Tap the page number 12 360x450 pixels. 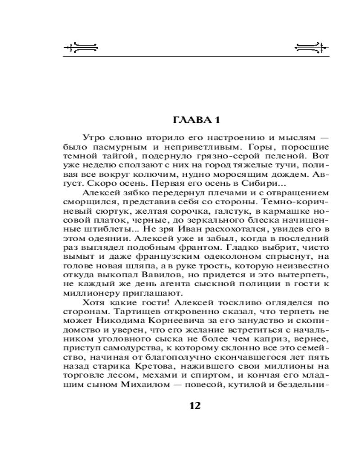coord(195,405)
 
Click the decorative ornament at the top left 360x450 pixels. coord(81,47)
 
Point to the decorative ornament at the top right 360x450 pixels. coord(309,47)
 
